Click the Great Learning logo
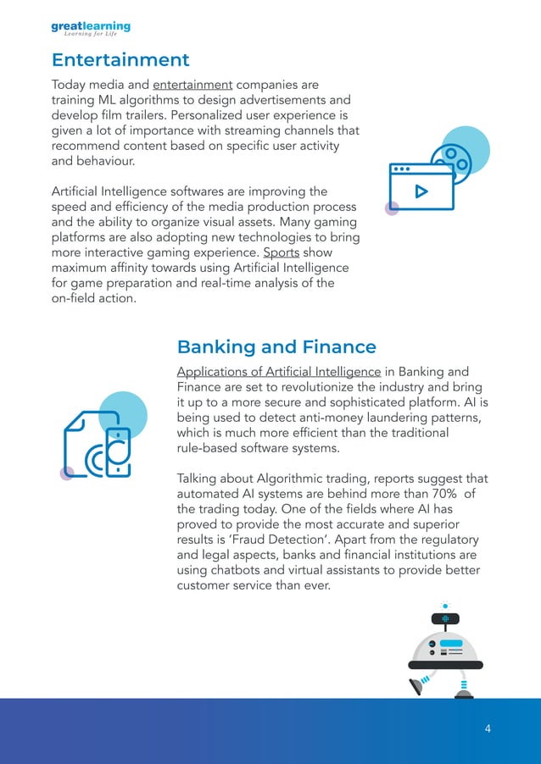click(91, 29)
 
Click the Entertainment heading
click(120, 60)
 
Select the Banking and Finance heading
click(276, 346)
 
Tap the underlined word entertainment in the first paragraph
click(192, 85)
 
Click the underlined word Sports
click(281, 253)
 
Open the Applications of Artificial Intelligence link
click(278, 372)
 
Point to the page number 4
click(488, 728)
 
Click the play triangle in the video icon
click(420, 191)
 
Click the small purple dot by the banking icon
click(65, 474)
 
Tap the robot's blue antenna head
click(444, 619)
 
